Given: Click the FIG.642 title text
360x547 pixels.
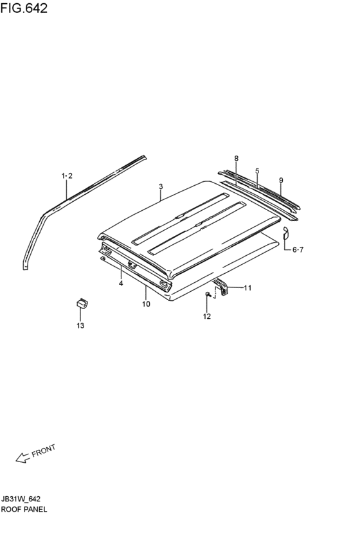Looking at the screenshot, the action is pos(24,8).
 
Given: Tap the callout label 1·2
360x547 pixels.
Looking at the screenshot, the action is pos(67,176).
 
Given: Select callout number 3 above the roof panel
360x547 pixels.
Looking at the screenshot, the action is pos(161,186).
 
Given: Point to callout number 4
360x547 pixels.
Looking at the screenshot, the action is pos(121,283).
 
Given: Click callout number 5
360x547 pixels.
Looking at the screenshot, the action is pos(257,171).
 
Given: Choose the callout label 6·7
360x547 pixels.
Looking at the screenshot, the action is pos(298,250).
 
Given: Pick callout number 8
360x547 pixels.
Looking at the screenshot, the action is pos(237,158).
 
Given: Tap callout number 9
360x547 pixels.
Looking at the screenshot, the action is pos(281,181).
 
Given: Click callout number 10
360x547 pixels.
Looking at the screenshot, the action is pos(146,304).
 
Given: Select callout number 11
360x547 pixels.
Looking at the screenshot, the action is pos(248,288).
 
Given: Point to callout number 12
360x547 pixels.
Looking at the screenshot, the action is pos(207,316).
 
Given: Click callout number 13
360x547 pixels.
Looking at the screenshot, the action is pos(80,326).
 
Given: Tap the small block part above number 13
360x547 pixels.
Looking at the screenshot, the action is pos(82,303).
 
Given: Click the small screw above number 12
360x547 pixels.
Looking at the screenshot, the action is pos(208,294).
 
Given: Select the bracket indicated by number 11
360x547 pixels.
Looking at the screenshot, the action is pos(222,285).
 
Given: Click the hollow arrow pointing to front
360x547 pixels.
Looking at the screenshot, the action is pos(22,458).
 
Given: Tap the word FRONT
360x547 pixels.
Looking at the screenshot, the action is pos(44,451).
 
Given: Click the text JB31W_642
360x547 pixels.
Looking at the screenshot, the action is pos(21,499).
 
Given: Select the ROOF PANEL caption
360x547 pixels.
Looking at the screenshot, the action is pos(24,509).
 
